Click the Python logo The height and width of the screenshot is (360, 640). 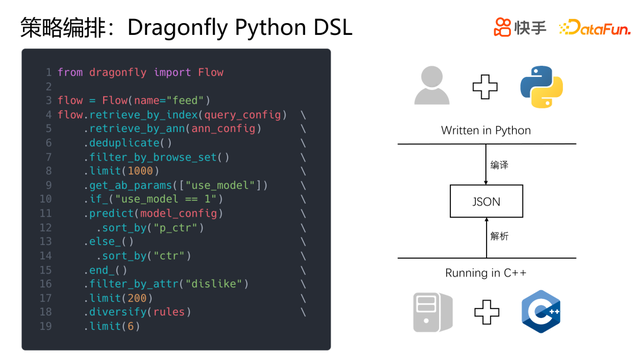pos(541,87)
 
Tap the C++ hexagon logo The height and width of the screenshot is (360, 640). pos(541,311)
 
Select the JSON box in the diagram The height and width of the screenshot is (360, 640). pos(486,201)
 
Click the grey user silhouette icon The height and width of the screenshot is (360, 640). pos(432,85)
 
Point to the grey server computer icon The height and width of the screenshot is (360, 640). pos(433,312)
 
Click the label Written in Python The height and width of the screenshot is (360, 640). pos(486,130)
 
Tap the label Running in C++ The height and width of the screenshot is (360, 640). pos(486,273)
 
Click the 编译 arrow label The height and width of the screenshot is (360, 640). pos(499,165)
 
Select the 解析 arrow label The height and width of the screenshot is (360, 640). pos(499,236)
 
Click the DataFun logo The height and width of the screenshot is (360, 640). pos(595,28)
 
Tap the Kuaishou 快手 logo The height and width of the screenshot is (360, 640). pos(520,27)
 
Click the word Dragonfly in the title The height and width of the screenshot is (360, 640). pos(178,28)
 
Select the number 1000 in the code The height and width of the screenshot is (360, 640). pos(140,171)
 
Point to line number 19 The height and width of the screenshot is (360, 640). pos(46,326)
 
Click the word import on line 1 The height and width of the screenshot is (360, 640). pos(172,72)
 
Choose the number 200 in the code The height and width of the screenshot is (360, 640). pos(137,298)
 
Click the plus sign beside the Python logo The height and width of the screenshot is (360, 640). pos(485,87)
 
